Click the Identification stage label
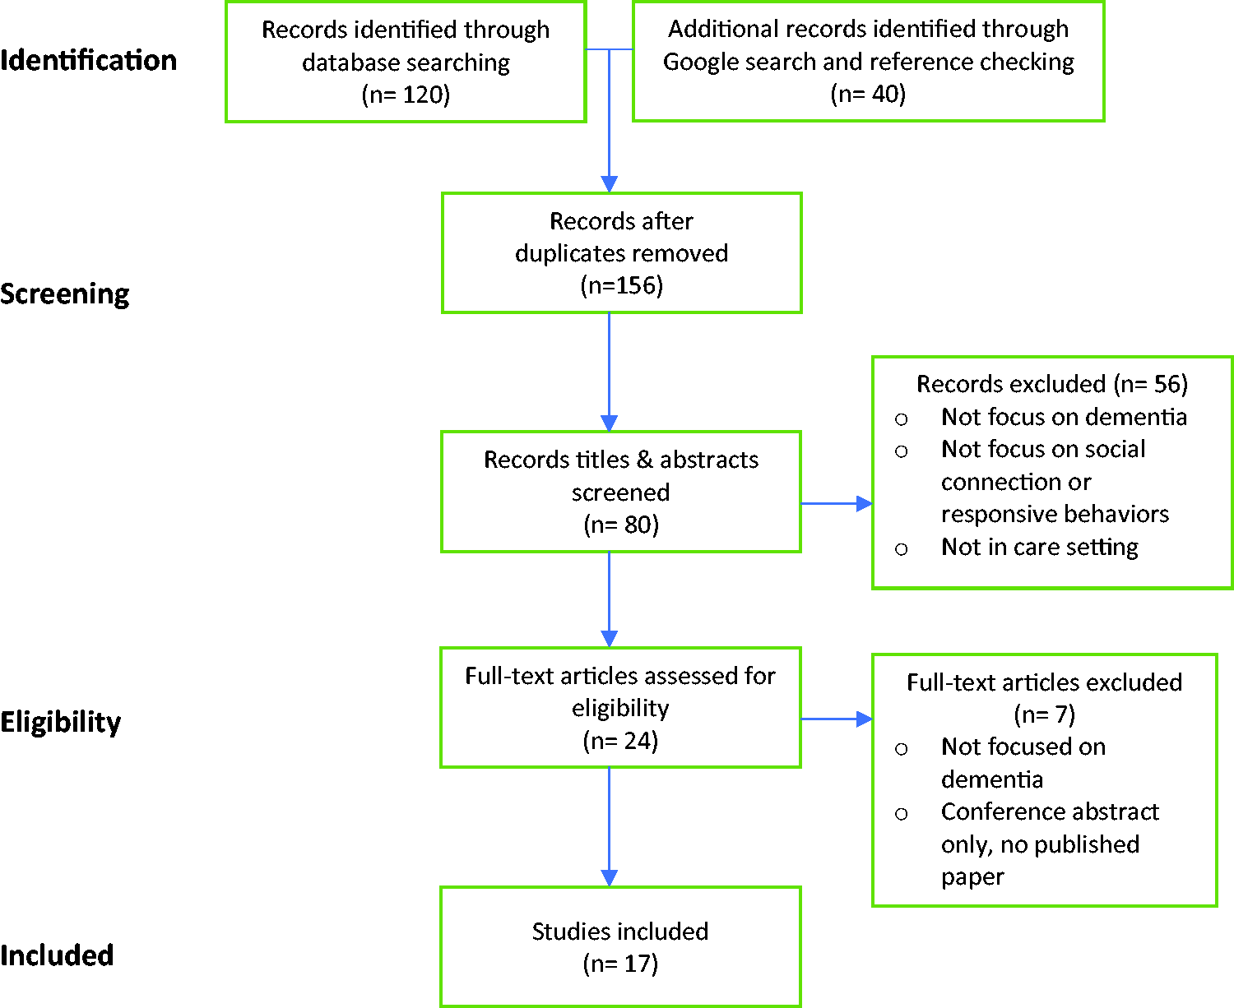coord(88,60)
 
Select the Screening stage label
coord(64,294)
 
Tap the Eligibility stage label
coord(60,722)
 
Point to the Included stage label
coord(57,955)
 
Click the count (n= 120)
coord(406,94)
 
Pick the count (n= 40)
coord(868,94)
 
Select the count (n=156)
coord(621,285)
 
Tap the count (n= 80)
coord(621,525)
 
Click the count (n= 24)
coord(620,741)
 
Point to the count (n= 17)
coord(620,964)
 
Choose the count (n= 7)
coord(1045,714)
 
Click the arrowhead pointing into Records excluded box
coord(864,503)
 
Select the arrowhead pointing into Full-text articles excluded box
coord(864,719)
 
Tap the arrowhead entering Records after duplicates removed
coord(609,184)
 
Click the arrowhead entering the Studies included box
coord(609,878)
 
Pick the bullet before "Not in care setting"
coord(901,549)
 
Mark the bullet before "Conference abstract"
coord(901,814)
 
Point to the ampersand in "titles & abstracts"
coord(645,460)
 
